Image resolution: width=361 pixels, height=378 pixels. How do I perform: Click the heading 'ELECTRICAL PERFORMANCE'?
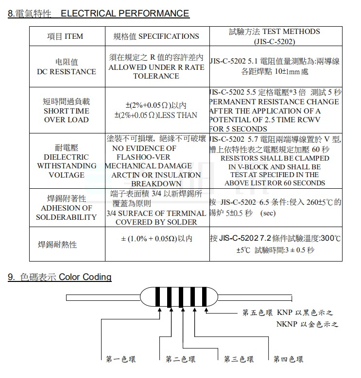click(125, 14)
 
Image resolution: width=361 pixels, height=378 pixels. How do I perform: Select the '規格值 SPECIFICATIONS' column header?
click(156, 36)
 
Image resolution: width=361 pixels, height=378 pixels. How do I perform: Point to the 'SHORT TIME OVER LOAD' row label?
click(67, 111)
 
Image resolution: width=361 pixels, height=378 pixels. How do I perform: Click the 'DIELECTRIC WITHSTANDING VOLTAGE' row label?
click(67, 161)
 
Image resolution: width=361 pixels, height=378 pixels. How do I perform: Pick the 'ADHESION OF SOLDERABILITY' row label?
click(67, 208)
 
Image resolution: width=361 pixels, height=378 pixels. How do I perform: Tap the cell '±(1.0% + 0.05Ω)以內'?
click(156, 239)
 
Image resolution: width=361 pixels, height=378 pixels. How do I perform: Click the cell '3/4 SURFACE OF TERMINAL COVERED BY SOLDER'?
click(156, 217)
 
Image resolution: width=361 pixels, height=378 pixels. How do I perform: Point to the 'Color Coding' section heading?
click(85, 277)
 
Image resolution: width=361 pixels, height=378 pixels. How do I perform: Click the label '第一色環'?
click(121, 359)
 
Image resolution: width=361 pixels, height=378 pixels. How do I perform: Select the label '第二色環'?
click(180, 359)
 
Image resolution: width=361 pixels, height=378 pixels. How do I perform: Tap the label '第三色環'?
click(239, 359)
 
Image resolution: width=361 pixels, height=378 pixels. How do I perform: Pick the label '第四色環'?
click(288, 359)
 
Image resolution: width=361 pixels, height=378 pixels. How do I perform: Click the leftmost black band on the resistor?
click(158, 296)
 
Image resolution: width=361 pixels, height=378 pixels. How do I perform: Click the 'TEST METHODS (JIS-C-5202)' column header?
click(274, 36)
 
